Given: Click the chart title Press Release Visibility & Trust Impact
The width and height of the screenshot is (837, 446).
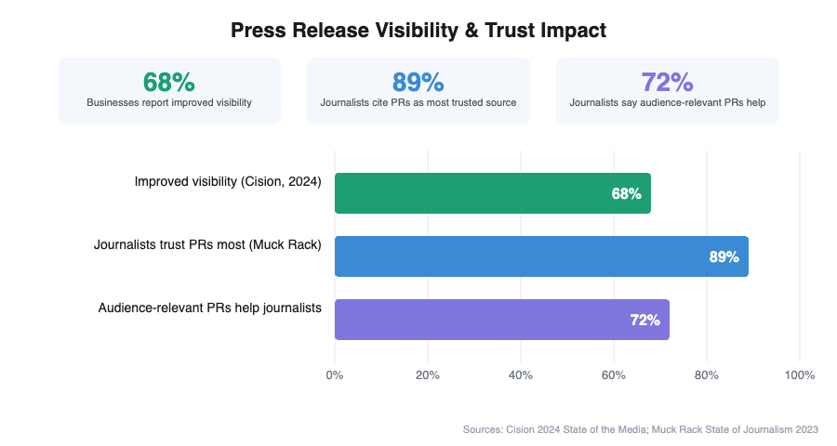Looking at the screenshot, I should (418, 31).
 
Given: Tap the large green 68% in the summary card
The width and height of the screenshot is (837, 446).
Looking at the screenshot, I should (169, 82).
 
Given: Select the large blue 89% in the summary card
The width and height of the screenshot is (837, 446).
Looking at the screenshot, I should (418, 82).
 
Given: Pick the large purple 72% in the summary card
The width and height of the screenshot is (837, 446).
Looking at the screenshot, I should (668, 82).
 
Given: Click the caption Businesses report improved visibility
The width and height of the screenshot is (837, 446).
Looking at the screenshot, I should (169, 102).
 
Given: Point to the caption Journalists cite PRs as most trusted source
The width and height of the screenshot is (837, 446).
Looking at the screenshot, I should (418, 102).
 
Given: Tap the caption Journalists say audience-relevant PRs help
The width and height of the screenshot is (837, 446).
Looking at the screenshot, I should (668, 102).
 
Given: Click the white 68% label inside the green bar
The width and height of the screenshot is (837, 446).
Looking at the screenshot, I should (626, 194).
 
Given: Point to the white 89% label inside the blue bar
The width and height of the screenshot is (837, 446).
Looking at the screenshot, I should (724, 257).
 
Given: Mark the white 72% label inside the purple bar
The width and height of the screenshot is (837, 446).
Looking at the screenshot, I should (644, 321).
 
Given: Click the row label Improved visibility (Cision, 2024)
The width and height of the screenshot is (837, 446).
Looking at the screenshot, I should (228, 182).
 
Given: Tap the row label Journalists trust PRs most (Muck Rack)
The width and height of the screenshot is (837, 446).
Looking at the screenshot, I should (207, 245).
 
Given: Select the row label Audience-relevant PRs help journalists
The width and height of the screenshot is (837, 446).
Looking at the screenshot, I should (210, 308).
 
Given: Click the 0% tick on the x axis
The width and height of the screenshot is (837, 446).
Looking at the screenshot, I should (335, 375).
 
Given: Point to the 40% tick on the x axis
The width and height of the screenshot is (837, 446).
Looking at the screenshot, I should (521, 375).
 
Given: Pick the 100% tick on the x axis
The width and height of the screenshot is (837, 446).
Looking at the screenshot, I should (800, 375).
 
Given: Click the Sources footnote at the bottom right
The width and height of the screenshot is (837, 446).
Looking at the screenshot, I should (640, 429).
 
